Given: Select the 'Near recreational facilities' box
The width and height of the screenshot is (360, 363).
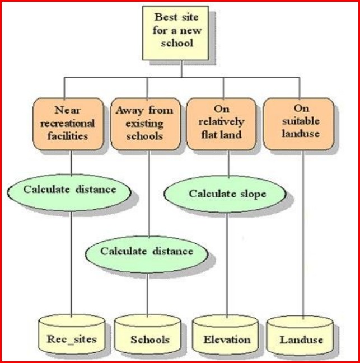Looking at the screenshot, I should (68, 123).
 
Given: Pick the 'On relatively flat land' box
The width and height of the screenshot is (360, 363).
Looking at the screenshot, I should (222, 123).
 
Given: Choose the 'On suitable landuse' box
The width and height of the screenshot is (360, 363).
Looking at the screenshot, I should (298, 123).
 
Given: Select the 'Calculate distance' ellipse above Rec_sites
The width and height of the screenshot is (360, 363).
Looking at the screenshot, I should (69, 190).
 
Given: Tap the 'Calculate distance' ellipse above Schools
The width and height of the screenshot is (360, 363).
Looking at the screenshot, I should (147, 252).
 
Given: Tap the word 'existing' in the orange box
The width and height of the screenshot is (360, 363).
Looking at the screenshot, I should (144, 122).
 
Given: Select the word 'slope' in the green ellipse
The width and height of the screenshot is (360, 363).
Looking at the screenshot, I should (252, 195).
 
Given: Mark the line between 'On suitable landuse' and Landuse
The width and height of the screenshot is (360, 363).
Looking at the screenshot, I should (303, 235).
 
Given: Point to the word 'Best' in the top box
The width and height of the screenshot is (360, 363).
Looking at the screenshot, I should (166, 17).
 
